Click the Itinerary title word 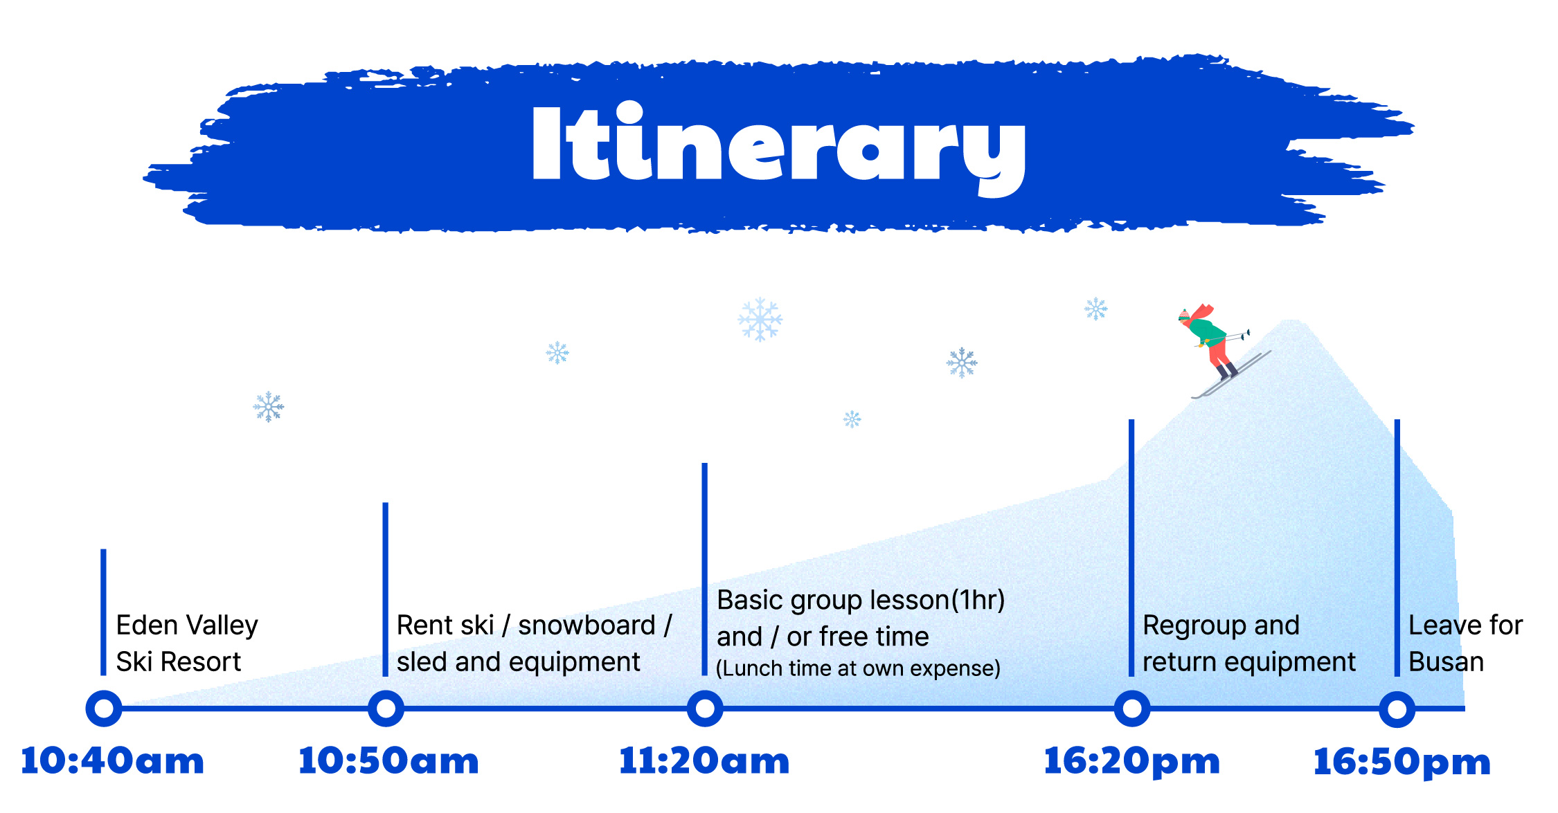[x=779, y=149]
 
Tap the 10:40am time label [x=112, y=761]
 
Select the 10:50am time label [x=388, y=761]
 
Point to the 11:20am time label [x=704, y=761]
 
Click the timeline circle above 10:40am [x=104, y=709]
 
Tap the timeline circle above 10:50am [x=386, y=709]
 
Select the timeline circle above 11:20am [x=705, y=709]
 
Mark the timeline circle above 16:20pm [x=1132, y=709]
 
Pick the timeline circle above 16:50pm [x=1397, y=709]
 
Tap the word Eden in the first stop [x=147, y=625]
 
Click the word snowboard [x=587, y=625]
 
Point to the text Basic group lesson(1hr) [x=861, y=601]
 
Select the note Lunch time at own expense [x=858, y=669]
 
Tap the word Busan [x=1447, y=662]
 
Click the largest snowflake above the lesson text [x=760, y=320]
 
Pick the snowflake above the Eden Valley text [x=269, y=407]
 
